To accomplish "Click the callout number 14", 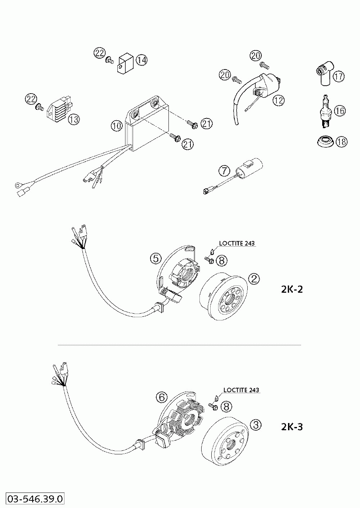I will click(x=141, y=60).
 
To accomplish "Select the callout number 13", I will click(x=74, y=120).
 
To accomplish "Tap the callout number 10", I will click(x=116, y=126).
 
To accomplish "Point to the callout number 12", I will click(x=278, y=100).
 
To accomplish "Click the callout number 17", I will click(x=338, y=77).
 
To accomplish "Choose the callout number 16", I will click(x=339, y=111).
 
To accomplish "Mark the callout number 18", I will click(x=342, y=142).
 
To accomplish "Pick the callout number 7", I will click(x=224, y=171).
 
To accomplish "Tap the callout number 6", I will click(x=162, y=397).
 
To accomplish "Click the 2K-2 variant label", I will click(x=292, y=289).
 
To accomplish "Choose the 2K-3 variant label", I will click(x=292, y=427).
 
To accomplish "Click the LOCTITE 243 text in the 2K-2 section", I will click(x=237, y=243).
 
